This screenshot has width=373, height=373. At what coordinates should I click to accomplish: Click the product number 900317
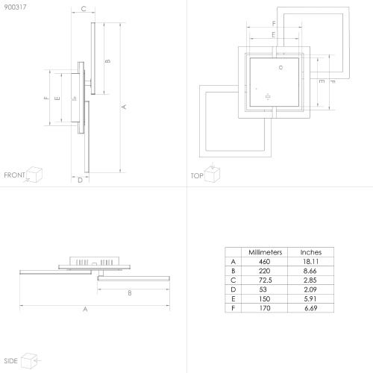tap(15, 7)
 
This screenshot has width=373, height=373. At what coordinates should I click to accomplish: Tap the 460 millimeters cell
tap(264, 262)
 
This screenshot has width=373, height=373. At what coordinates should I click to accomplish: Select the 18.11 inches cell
tap(310, 262)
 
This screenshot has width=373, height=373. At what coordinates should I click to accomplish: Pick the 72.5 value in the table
tap(266, 280)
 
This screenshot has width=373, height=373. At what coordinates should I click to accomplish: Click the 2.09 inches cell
tap(310, 289)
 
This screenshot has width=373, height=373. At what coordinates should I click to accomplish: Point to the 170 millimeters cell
tap(265, 308)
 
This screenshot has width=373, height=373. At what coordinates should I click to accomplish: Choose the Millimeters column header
tap(266, 252)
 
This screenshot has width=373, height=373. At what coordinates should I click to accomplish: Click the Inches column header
tap(311, 252)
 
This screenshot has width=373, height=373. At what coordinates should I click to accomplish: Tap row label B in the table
tap(233, 271)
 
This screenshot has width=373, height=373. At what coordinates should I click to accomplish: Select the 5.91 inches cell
tap(310, 299)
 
